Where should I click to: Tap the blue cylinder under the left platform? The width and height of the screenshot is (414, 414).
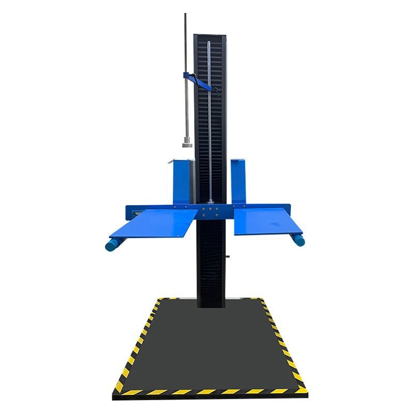point(112,245)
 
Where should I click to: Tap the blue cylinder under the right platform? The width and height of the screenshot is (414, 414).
point(298,240)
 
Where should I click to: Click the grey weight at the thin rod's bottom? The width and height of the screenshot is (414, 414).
point(186,142)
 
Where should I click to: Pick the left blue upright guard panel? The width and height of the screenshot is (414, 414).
point(182,181)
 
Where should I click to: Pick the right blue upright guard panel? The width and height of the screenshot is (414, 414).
point(239,181)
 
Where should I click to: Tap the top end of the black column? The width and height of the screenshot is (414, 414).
point(210,37)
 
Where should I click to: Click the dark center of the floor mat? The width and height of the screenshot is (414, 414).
point(210,344)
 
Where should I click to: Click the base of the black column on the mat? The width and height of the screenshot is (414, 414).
point(211,303)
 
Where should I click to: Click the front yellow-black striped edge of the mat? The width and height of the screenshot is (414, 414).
point(210,391)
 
